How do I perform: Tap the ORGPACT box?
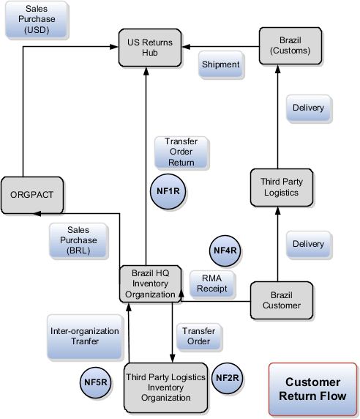pyautogui.click(x=32, y=196)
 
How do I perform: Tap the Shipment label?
pyautogui.click(x=220, y=64)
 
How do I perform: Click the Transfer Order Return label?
pyautogui.click(x=180, y=152)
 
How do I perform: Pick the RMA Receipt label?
pyautogui.click(x=212, y=284)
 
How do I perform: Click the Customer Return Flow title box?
pyautogui.click(x=312, y=389)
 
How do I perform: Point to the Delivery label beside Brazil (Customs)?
pyautogui.click(x=308, y=108)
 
